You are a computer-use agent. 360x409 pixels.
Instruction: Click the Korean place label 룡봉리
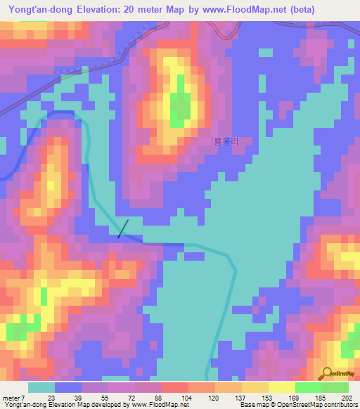pyautogui.click(x=226, y=141)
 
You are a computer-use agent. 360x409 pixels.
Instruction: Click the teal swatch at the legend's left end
pyautogui.click(x=41, y=387)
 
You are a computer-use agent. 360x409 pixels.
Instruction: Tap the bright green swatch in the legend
pyautogui.click(x=309, y=387)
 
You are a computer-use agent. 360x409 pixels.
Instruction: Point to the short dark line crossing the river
pyautogui.click(x=123, y=228)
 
